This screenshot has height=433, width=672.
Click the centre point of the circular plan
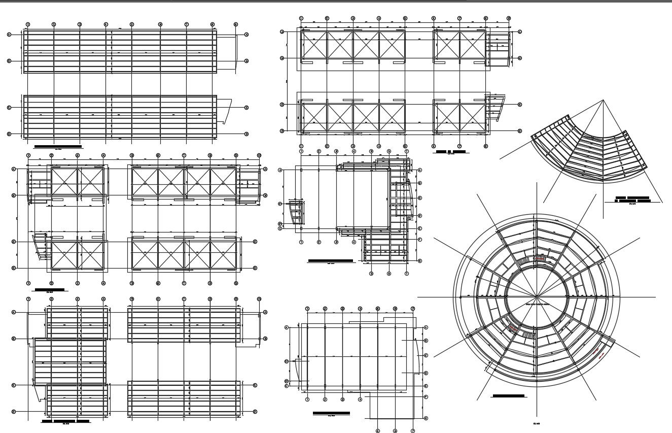[x=537, y=297]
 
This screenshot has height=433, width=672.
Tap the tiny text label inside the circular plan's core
[x=537, y=304]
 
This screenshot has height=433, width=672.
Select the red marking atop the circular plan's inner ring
[x=541, y=259]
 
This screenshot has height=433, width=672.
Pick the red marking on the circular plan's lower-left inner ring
[x=514, y=329]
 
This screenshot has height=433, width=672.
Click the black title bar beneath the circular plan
[x=509, y=395]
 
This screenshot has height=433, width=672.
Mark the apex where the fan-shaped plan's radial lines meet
[x=603, y=101]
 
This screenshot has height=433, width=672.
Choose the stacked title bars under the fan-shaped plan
[x=632, y=198]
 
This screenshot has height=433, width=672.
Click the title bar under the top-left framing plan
[x=57, y=146]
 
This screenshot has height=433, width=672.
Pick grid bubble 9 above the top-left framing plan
[x=236, y=24]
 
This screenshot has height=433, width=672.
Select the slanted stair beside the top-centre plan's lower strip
[x=498, y=107]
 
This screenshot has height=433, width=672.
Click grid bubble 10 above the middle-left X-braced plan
[x=259, y=155]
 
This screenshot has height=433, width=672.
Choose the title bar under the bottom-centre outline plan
[x=331, y=413]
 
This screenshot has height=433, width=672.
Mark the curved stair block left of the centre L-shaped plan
[x=296, y=212]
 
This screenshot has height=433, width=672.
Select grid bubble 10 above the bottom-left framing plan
[x=259, y=299]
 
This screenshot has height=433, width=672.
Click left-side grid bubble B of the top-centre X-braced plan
[x=282, y=58]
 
